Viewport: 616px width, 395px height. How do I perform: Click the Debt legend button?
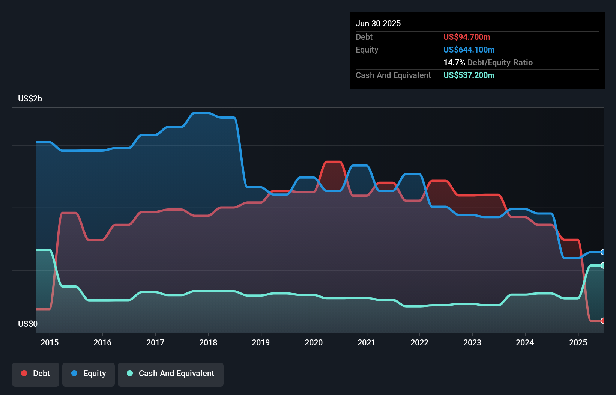click(36, 374)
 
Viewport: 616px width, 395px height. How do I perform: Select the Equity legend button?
click(89, 374)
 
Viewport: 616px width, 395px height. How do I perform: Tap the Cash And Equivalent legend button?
click(171, 374)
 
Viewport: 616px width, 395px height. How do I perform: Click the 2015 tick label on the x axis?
click(50, 342)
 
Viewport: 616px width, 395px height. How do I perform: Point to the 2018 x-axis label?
click(208, 342)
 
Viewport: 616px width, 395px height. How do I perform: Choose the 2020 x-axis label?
click(314, 342)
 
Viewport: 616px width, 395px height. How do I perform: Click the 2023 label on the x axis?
click(472, 342)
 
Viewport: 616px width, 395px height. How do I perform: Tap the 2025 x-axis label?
click(578, 342)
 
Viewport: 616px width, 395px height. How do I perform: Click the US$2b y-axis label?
click(30, 99)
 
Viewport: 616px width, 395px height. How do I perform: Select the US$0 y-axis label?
click(28, 324)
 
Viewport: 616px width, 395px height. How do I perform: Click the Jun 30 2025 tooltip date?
click(378, 23)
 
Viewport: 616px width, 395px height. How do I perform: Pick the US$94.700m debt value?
click(467, 37)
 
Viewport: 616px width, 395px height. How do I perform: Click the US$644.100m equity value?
click(469, 50)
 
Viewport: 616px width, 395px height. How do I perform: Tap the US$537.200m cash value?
click(469, 75)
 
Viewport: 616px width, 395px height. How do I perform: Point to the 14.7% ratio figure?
click(454, 62)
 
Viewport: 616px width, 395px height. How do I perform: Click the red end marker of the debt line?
click(603, 321)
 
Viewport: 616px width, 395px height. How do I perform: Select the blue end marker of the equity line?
click(603, 252)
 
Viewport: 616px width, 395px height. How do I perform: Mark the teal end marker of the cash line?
click(603, 265)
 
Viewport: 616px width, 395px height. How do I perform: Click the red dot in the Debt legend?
click(24, 373)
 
